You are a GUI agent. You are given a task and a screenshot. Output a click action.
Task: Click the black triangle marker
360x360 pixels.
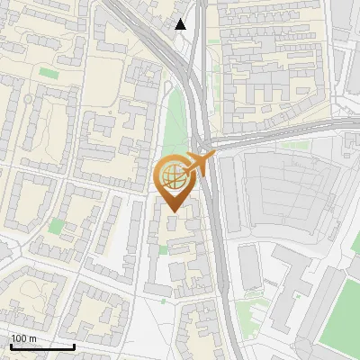[181, 24]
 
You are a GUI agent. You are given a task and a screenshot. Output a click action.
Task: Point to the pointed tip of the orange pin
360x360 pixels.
[172, 211]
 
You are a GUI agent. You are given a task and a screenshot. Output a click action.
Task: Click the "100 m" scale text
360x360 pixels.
[23, 338]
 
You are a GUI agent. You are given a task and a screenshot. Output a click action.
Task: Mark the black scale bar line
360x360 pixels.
[42, 346]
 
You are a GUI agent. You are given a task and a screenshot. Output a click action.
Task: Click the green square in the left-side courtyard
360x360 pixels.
[56, 226]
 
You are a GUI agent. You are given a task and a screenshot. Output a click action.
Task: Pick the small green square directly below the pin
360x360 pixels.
[164, 301]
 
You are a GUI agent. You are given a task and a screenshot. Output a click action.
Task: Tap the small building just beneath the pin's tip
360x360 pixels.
[172, 222]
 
